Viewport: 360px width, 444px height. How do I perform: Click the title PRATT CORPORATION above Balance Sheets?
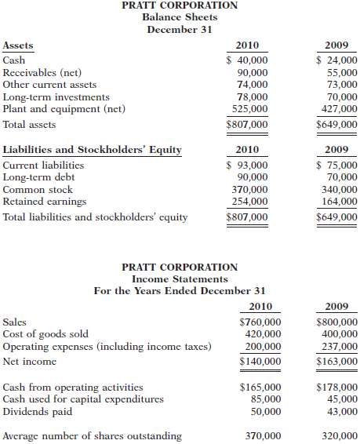[180, 5]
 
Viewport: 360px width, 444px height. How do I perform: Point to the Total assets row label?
[30, 124]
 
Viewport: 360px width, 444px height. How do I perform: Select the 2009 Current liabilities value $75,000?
[336, 165]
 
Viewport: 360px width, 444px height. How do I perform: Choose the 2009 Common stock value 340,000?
[340, 190]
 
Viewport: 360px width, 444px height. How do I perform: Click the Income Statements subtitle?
[180, 278]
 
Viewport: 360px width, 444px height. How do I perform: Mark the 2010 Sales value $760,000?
[260, 322]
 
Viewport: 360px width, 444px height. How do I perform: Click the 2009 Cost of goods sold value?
[340, 334]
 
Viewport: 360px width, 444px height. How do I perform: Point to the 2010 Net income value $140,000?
[260, 362]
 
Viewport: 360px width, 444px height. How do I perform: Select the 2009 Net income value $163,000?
[336, 362]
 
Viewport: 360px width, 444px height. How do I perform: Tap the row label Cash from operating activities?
[73, 387]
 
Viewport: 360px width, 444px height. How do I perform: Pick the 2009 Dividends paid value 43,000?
[341, 411]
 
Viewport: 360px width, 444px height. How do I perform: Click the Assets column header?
[18, 45]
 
